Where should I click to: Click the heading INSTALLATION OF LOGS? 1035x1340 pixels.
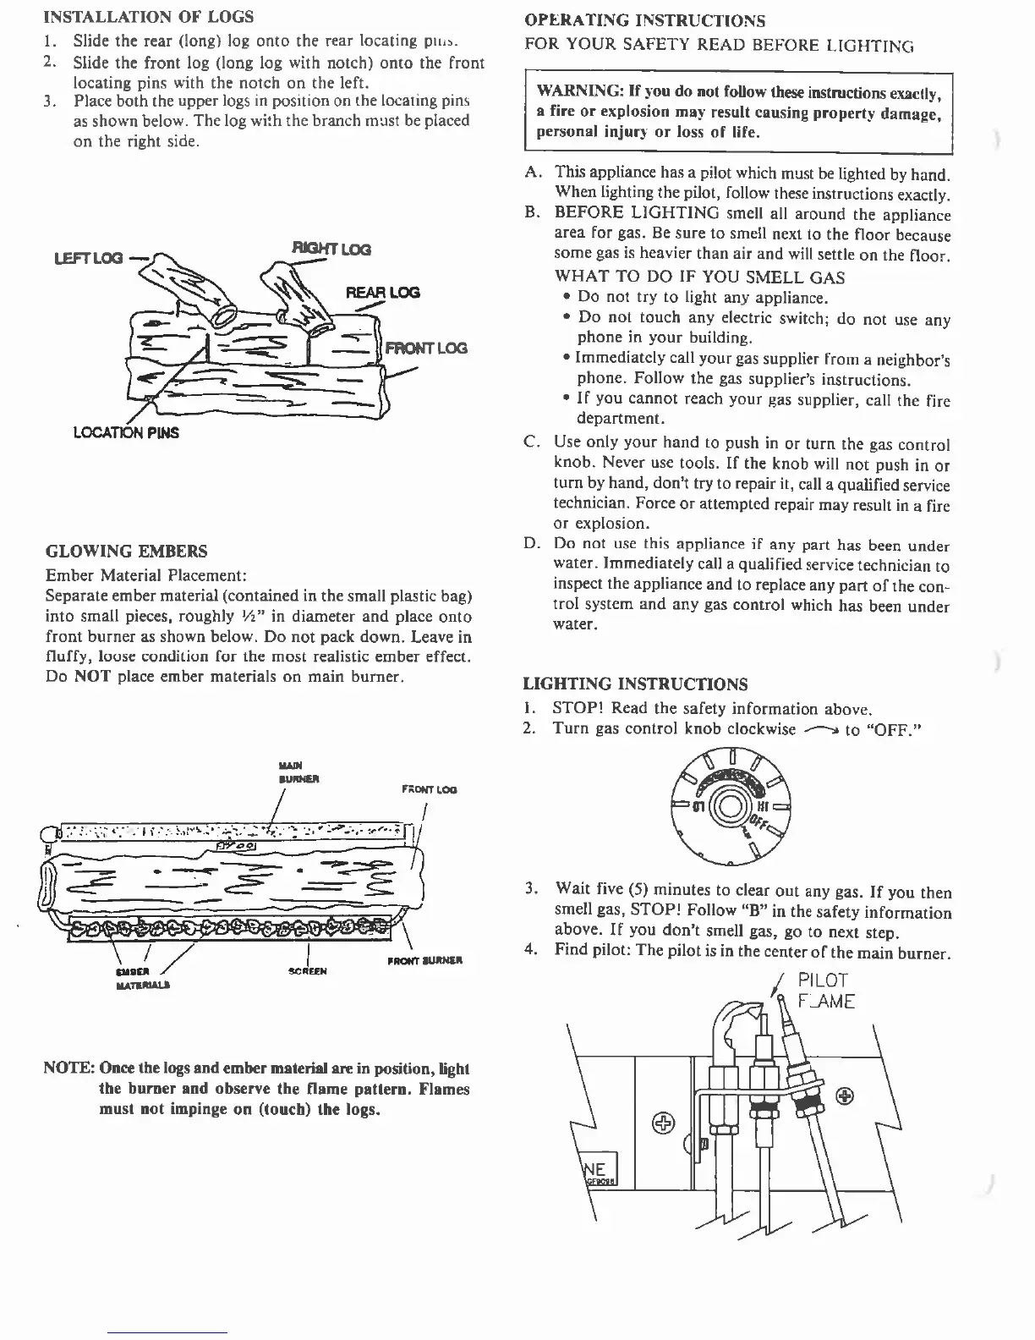[x=148, y=17]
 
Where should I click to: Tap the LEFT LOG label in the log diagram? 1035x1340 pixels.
[x=89, y=257]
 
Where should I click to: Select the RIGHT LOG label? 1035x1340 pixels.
[x=331, y=249]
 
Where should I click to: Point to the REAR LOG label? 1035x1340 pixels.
[x=382, y=293]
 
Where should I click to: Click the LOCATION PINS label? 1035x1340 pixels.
[x=126, y=433]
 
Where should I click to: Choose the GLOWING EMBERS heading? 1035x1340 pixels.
[x=126, y=552]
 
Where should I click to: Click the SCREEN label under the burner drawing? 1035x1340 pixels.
[x=308, y=971]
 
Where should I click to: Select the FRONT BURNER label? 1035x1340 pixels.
[x=423, y=961]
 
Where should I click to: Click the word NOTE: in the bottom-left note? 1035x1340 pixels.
[x=68, y=1068]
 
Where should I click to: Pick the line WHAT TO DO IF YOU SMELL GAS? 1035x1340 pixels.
[x=699, y=277]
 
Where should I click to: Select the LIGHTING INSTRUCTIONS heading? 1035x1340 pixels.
[x=635, y=684]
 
